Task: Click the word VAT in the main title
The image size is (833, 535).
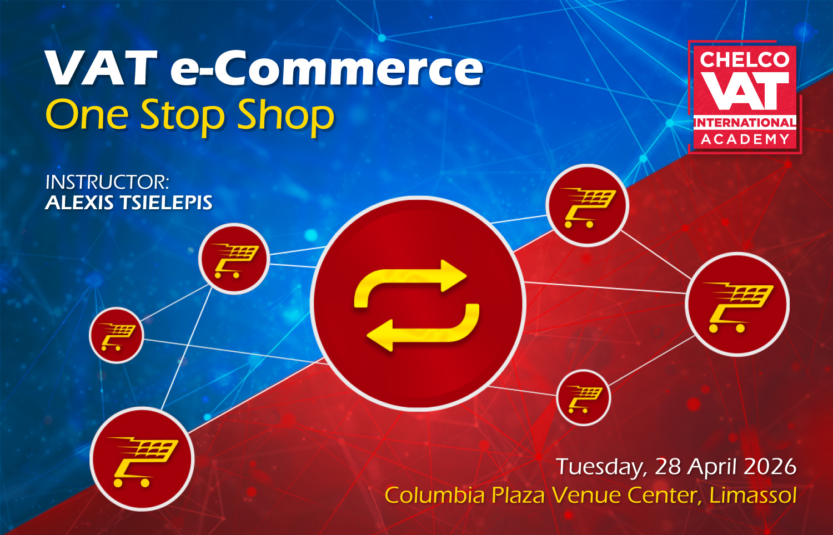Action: tap(101, 68)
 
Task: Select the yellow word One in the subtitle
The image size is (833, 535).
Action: tap(87, 115)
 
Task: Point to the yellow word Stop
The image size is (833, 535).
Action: tap(183, 118)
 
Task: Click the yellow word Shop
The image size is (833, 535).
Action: tap(286, 118)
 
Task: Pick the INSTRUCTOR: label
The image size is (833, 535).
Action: tap(107, 183)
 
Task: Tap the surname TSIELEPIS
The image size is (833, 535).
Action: tap(166, 203)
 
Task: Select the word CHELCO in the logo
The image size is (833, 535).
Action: tap(745, 59)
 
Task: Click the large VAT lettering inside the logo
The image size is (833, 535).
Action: tap(745, 91)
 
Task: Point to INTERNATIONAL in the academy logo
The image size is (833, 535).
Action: tap(745, 123)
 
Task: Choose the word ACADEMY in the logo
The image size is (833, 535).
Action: tap(745, 139)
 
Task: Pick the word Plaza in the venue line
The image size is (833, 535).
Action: tap(518, 495)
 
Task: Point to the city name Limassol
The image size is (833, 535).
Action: tap(752, 495)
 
